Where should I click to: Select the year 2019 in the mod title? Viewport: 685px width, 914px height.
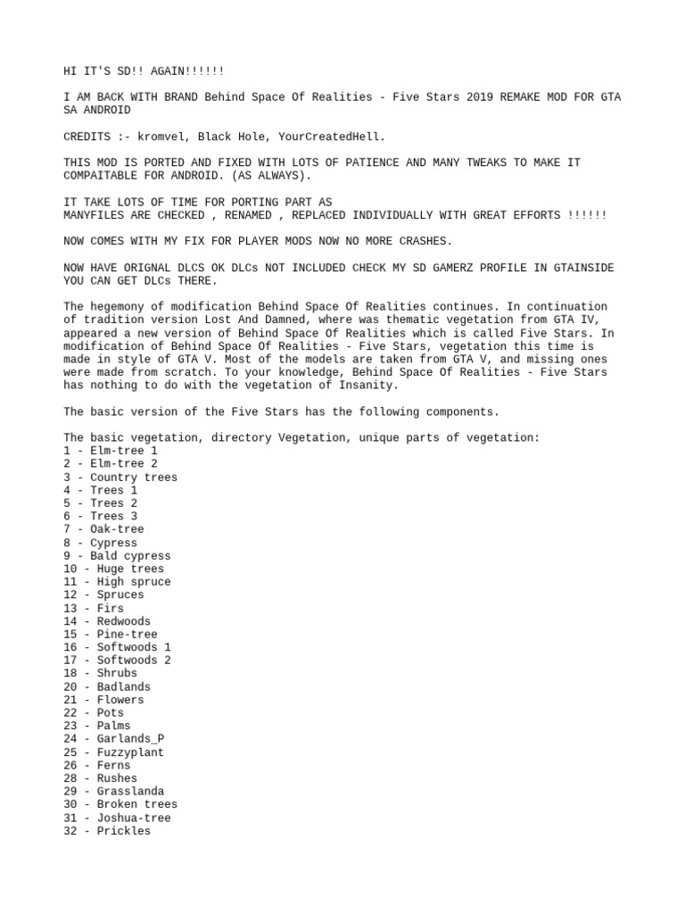point(482,96)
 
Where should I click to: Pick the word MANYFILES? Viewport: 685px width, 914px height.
point(94,215)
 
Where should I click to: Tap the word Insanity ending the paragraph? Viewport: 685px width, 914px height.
point(366,385)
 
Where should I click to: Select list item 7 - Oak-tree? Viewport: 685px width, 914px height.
point(103,529)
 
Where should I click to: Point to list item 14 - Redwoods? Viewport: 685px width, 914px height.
point(107,621)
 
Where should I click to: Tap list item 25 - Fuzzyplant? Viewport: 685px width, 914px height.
point(113,752)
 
